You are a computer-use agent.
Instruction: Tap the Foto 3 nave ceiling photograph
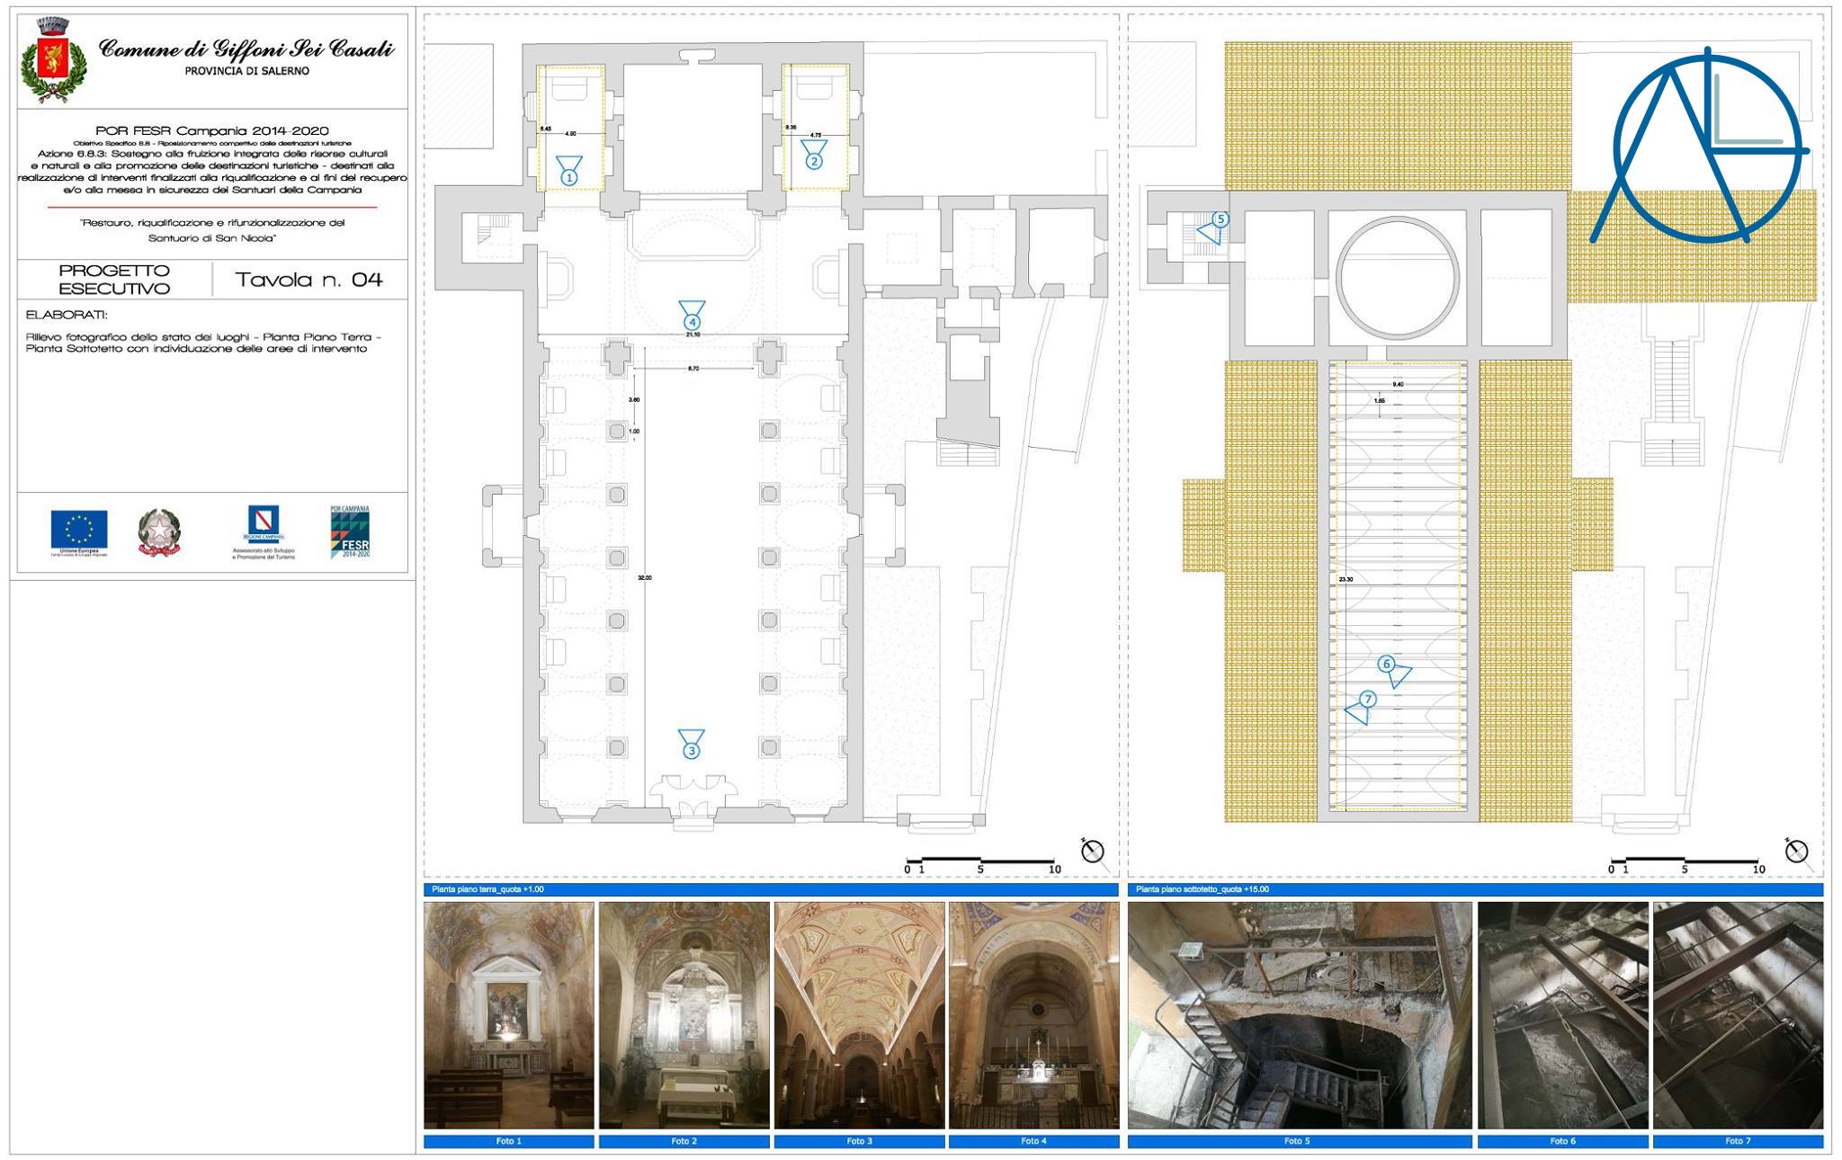pos(859,1015)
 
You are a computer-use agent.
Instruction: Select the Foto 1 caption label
pos(508,1141)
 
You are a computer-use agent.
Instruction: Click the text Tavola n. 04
pos(308,280)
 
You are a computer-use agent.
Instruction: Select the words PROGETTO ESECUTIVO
pos(114,280)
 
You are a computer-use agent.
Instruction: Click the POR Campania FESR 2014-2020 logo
pos(350,532)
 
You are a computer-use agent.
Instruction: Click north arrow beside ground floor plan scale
pos(1092,850)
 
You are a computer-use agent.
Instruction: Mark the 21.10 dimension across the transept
pos(693,335)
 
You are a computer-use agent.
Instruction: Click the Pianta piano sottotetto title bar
pos(1475,889)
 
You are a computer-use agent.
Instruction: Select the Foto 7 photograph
pos(1738,1015)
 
